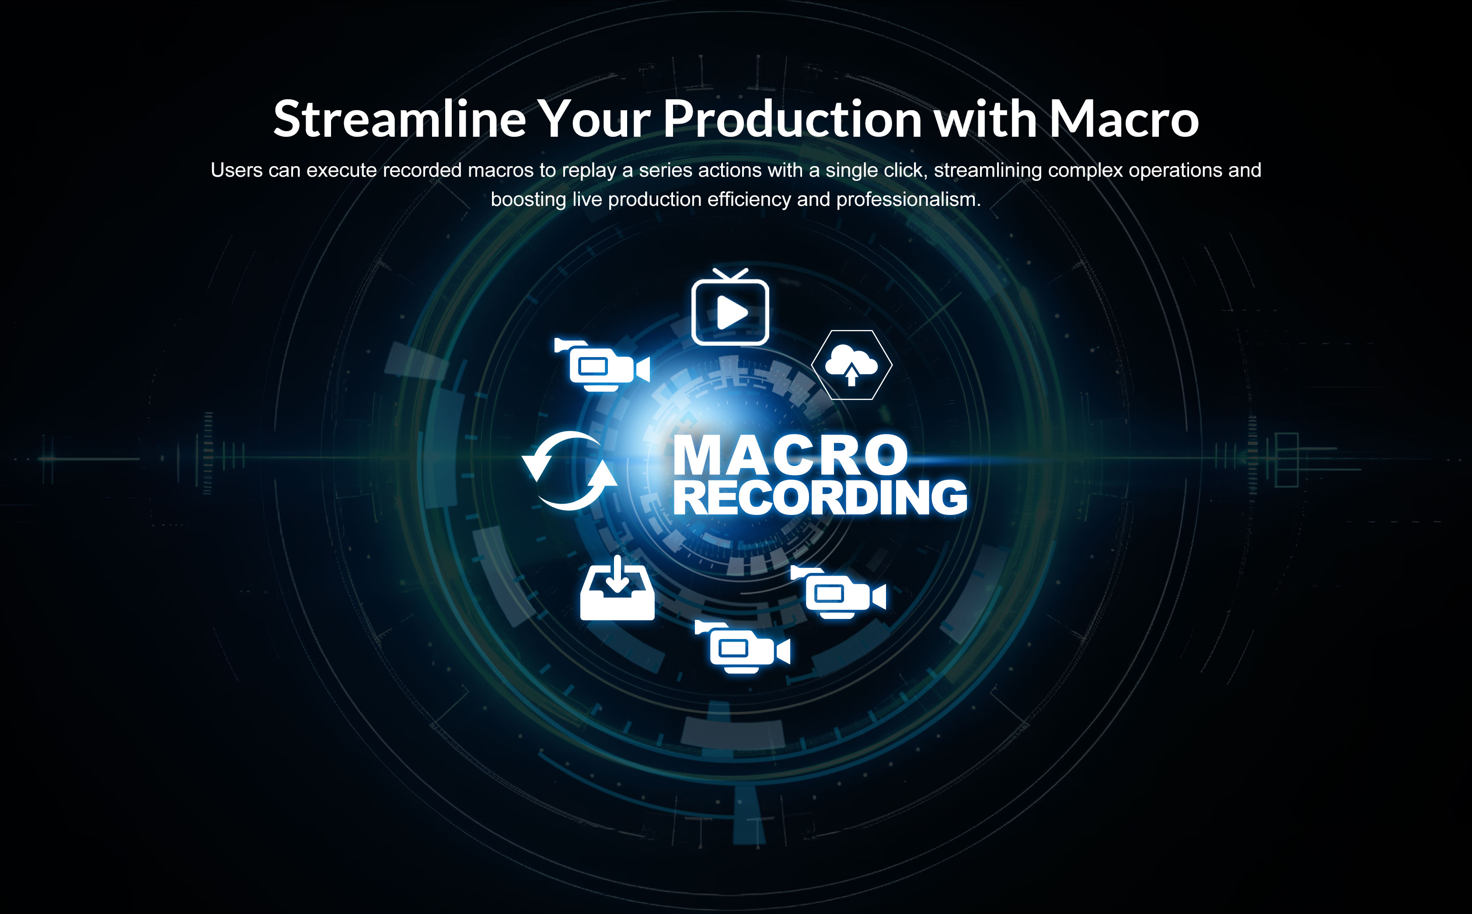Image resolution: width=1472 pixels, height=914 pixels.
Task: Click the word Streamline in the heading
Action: pyautogui.click(x=400, y=118)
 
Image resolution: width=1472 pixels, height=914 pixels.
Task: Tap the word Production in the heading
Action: pyautogui.click(x=792, y=118)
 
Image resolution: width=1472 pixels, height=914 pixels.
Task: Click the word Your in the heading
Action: pyautogui.click(x=594, y=118)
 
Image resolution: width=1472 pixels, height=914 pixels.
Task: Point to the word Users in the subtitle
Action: pyautogui.click(x=237, y=170)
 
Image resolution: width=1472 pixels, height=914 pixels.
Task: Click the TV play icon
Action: pyautogui.click(x=730, y=307)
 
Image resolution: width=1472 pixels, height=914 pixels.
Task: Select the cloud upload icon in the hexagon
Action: pyautogui.click(x=851, y=365)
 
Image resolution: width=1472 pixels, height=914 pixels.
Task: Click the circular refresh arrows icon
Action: pyautogui.click(x=569, y=470)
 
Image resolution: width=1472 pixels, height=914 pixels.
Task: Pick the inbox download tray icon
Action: pyautogui.click(x=617, y=588)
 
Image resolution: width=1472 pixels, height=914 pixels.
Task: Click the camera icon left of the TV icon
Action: pyautogui.click(x=602, y=365)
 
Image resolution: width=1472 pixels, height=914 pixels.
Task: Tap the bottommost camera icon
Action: pyautogui.click(x=743, y=647)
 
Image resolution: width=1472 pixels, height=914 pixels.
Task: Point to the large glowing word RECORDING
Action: pyautogui.click(x=820, y=497)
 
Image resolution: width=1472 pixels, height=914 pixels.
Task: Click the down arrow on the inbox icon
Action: pyautogui.click(x=617, y=574)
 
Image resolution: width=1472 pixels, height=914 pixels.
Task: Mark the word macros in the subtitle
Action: pyautogui.click(x=501, y=170)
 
